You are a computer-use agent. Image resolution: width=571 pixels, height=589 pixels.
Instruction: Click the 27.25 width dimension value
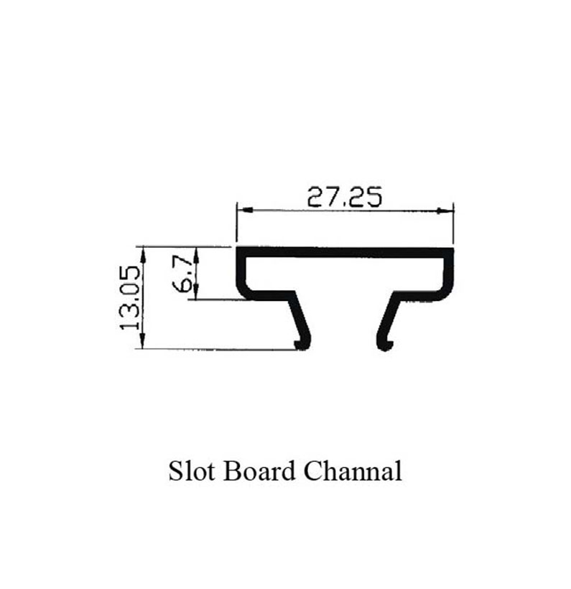click(343, 196)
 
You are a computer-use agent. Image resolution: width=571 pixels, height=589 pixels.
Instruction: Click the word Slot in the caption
click(193, 472)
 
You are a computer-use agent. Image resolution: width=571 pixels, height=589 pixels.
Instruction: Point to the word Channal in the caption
click(352, 472)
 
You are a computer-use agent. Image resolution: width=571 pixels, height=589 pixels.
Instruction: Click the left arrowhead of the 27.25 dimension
click(243, 210)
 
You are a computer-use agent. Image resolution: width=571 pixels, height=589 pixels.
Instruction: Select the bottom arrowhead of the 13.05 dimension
click(144, 344)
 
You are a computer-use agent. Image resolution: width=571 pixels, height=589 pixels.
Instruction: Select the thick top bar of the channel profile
click(345, 252)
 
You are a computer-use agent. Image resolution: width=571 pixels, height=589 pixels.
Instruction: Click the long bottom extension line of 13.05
click(215, 349)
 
